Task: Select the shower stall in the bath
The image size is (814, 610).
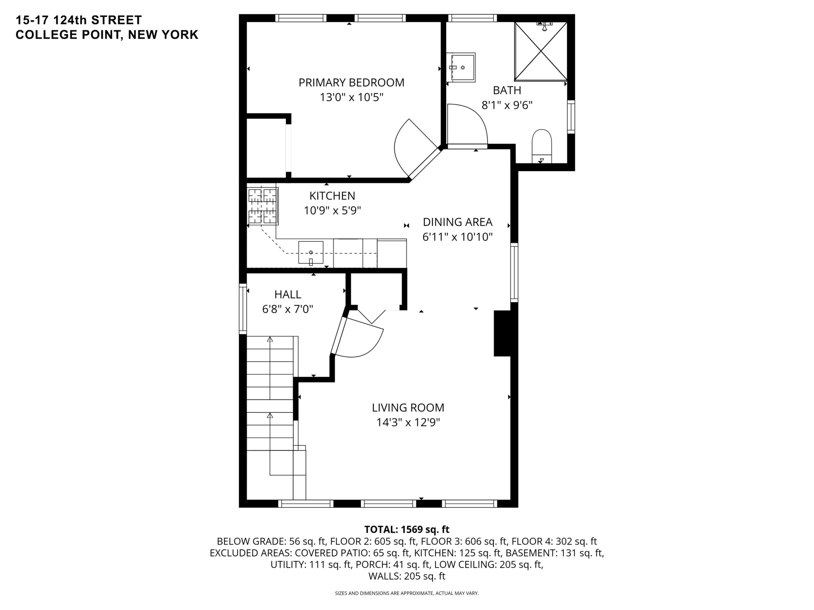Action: (541, 51)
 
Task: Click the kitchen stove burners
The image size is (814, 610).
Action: (263, 206)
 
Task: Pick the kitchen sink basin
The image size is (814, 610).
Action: (310, 253)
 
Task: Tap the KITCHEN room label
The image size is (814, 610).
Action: (332, 196)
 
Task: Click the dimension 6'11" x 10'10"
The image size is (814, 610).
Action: (458, 237)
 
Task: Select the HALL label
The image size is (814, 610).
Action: (288, 294)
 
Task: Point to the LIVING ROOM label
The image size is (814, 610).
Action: (408, 407)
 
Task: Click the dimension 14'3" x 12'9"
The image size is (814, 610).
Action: (408, 423)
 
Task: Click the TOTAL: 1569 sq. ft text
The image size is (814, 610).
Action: (407, 530)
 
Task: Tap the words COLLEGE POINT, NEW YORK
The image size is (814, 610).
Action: (107, 35)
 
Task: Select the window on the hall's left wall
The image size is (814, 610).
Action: (243, 309)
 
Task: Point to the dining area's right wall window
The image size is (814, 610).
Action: (514, 272)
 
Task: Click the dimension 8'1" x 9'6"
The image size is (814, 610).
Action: (507, 106)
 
